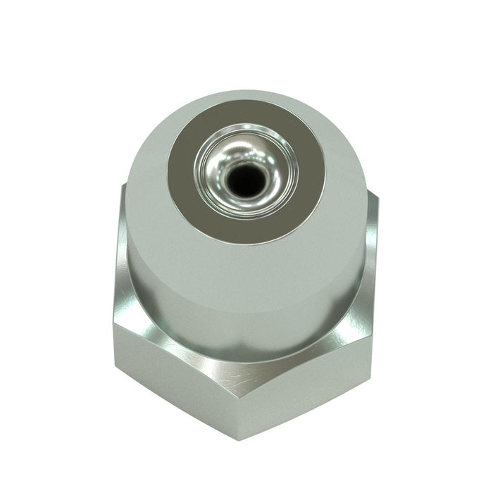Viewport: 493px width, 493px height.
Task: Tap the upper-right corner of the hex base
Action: [373, 197]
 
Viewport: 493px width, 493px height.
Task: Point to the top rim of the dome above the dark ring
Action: [246, 99]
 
